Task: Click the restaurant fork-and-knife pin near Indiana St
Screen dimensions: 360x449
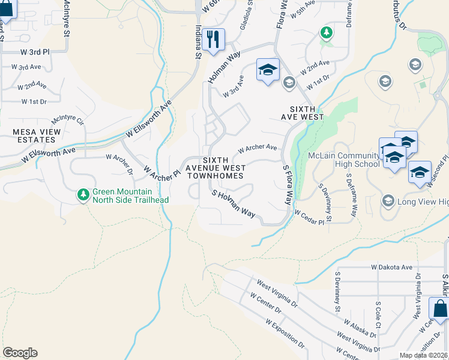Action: [213, 40]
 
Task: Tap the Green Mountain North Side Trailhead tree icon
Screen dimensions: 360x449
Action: [83, 194]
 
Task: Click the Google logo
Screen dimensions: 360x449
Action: [20, 353]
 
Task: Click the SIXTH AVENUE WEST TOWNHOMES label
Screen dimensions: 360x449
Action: [215, 168]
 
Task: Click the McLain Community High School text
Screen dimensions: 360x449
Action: [343, 160]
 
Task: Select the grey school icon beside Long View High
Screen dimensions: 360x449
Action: [388, 200]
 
